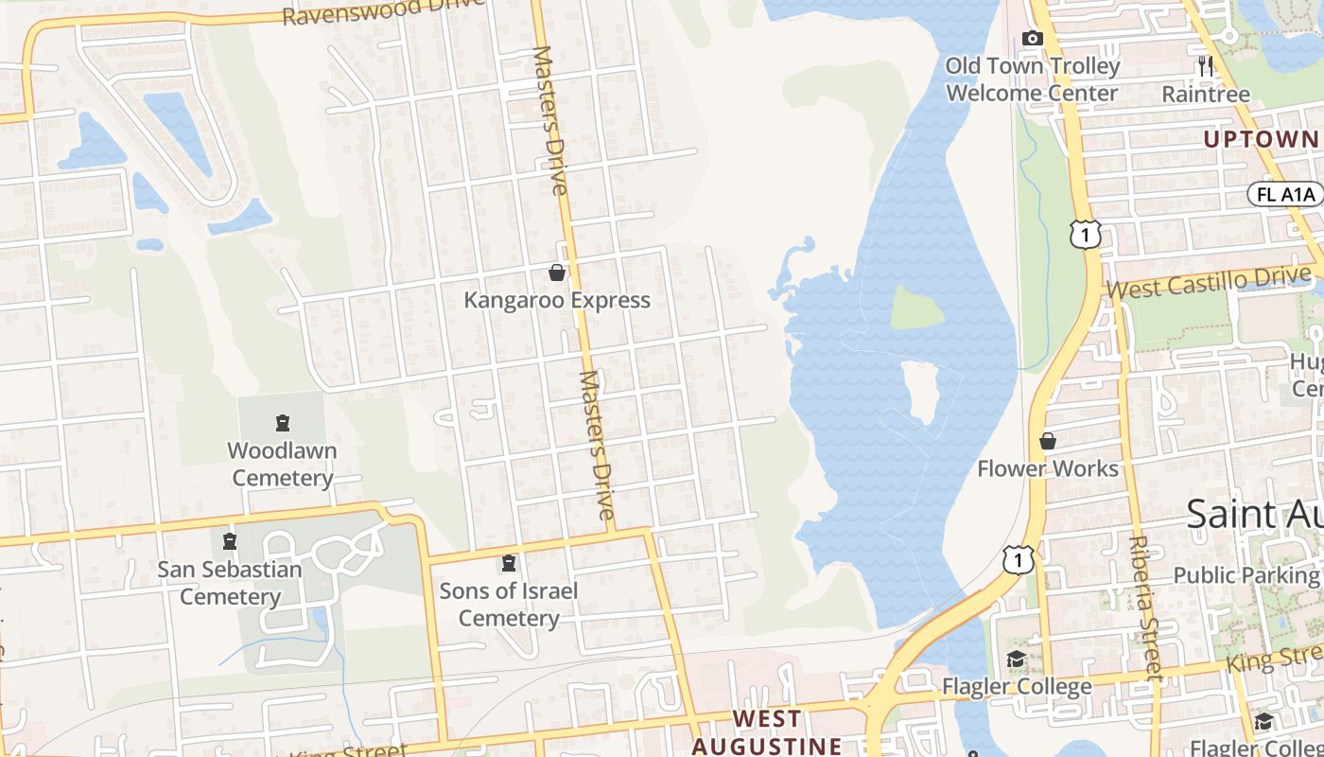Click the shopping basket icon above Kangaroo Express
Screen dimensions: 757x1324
coord(557,273)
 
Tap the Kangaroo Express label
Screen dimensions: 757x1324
coord(557,301)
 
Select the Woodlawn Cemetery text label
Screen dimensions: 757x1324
coord(282,464)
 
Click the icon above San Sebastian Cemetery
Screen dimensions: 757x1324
coord(229,542)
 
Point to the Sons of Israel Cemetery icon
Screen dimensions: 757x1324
coord(510,564)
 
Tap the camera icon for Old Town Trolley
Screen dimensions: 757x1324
coord(1033,39)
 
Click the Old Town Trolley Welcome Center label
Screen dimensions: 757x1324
coord(1033,79)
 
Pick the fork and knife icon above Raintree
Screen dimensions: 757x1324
coord(1205,65)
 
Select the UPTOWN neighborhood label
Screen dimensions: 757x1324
coord(1261,140)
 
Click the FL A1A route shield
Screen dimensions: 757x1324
coord(1285,195)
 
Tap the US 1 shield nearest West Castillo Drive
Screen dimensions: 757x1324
coord(1087,234)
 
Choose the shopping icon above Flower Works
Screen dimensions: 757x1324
coord(1048,441)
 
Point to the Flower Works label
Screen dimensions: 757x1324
coord(1048,468)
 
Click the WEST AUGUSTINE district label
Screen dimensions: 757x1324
coord(767,732)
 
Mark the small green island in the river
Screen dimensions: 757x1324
coord(915,308)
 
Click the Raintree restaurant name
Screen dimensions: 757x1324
coord(1205,95)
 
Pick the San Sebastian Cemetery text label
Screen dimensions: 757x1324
coord(230,583)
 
